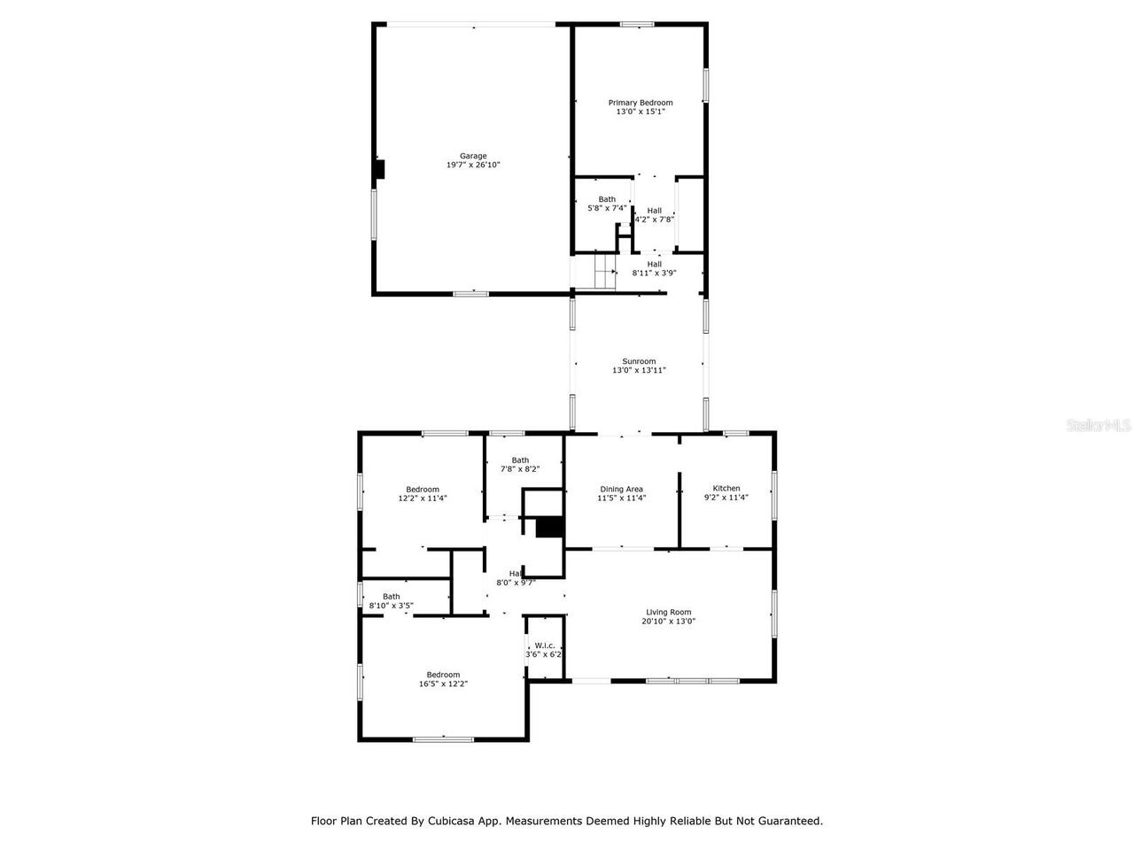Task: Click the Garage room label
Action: [472, 156]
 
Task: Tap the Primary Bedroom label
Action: [640, 103]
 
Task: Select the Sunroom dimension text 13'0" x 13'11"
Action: [639, 371]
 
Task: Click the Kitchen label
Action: [726, 489]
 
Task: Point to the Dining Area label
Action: [621, 489]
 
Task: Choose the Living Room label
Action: [668, 612]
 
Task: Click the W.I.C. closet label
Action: [544, 645]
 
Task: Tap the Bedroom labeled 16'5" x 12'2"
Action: [443, 675]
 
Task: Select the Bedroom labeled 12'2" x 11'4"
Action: [423, 490]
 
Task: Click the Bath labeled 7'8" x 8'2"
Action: [520, 460]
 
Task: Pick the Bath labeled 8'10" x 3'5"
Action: [391, 597]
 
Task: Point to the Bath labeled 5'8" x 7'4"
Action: [607, 199]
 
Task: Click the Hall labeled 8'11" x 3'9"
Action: [654, 264]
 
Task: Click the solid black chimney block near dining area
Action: [550, 527]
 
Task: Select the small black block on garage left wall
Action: [378, 169]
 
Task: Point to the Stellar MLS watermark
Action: [1099, 426]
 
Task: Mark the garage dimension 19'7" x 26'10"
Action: [473, 166]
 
